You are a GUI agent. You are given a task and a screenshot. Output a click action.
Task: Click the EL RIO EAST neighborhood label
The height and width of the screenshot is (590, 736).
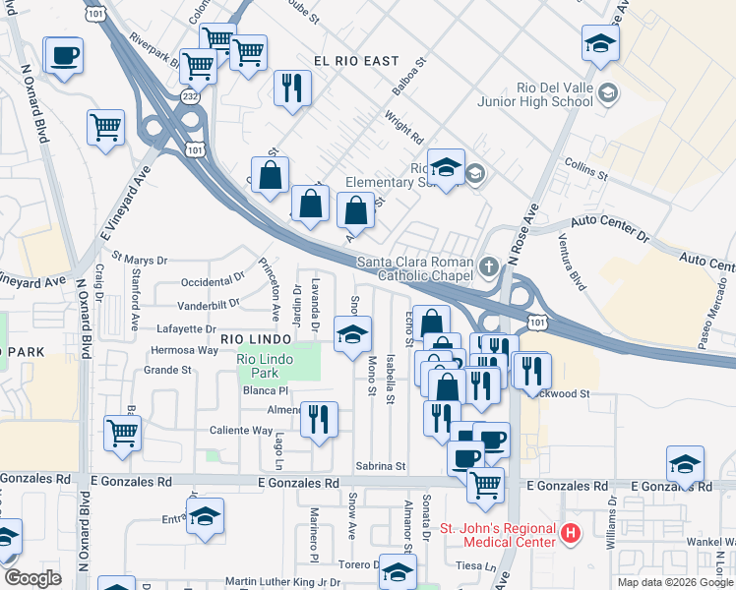click(x=356, y=61)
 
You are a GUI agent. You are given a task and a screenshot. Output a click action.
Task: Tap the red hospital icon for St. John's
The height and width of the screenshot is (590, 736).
click(x=570, y=535)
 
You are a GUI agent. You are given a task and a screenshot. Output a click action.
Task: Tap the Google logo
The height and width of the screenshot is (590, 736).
click(x=32, y=577)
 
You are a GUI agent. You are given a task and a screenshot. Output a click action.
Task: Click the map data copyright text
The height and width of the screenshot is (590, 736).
click(x=675, y=582)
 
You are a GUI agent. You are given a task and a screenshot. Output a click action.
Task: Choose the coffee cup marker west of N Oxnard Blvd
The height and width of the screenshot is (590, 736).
click(x=65, y=56)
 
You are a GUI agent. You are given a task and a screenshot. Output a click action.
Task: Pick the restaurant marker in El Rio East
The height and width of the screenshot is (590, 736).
click(x=292, y=88)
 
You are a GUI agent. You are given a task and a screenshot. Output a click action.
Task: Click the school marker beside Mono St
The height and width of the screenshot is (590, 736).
click(x=352, y=335)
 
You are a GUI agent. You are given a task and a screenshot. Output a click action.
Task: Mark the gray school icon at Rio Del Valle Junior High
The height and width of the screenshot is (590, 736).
click(x=608, y=93)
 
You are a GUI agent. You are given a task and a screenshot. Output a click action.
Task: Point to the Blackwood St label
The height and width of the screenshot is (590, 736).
click(x=561, y=393)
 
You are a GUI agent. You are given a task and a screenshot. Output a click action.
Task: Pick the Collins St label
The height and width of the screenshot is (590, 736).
click(x=585, y=168)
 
